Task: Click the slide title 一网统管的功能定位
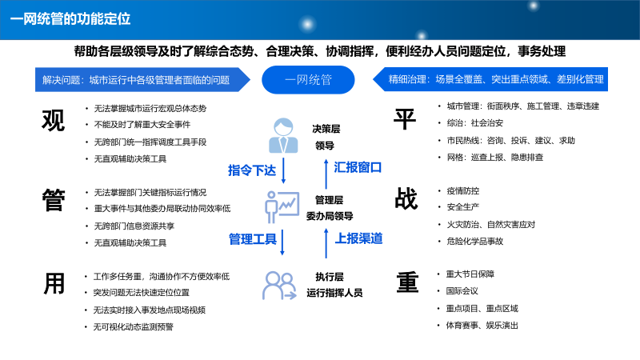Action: tap(71, 17)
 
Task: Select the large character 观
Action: tap(53, 121)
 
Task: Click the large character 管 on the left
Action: tap(53, 200)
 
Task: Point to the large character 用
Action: tap(53, 283)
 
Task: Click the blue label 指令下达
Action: tap(252, 170)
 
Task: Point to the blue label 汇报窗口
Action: tap(358, 168)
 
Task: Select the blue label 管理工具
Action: tap(252, 238)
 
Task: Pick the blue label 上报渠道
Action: tap(358, 238)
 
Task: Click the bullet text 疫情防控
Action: tap(463, 190)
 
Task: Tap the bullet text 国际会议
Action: tap(463, 291)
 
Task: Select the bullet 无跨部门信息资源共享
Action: tap(134, 226)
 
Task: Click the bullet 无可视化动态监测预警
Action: tap(134, 326)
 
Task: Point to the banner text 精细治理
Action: tap(408, 80)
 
